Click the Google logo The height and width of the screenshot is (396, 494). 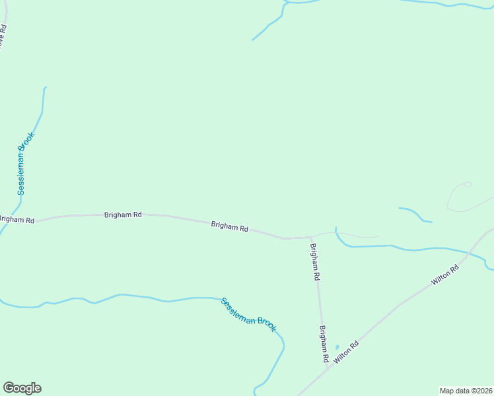[x=22, y=388]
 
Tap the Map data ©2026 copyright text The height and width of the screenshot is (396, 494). [x=466, y=390]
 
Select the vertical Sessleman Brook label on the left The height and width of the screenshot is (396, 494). [x=25, y=163]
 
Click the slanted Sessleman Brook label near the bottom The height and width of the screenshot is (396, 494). [x=248, y=315]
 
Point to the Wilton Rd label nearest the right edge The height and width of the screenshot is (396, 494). [x=445, y=275]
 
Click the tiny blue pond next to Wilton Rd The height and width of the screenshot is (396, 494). [x=337, y=347]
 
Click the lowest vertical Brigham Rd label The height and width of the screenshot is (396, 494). [x=324, y=345]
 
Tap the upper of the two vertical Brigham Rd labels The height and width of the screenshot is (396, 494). [x=315, y=263]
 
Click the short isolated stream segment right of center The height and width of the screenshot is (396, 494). [x=415, y=214]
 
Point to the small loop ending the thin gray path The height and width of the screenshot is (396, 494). [x=468, y=184]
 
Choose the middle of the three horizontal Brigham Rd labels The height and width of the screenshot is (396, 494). [x=123, y=214]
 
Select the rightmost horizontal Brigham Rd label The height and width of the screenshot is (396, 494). [x=229, y=226]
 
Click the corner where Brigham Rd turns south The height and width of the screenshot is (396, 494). [x=311, y=238]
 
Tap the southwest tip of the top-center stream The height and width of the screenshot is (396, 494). [x=253, y=40]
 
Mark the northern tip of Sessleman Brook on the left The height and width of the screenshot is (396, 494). [x=45, y=87]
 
